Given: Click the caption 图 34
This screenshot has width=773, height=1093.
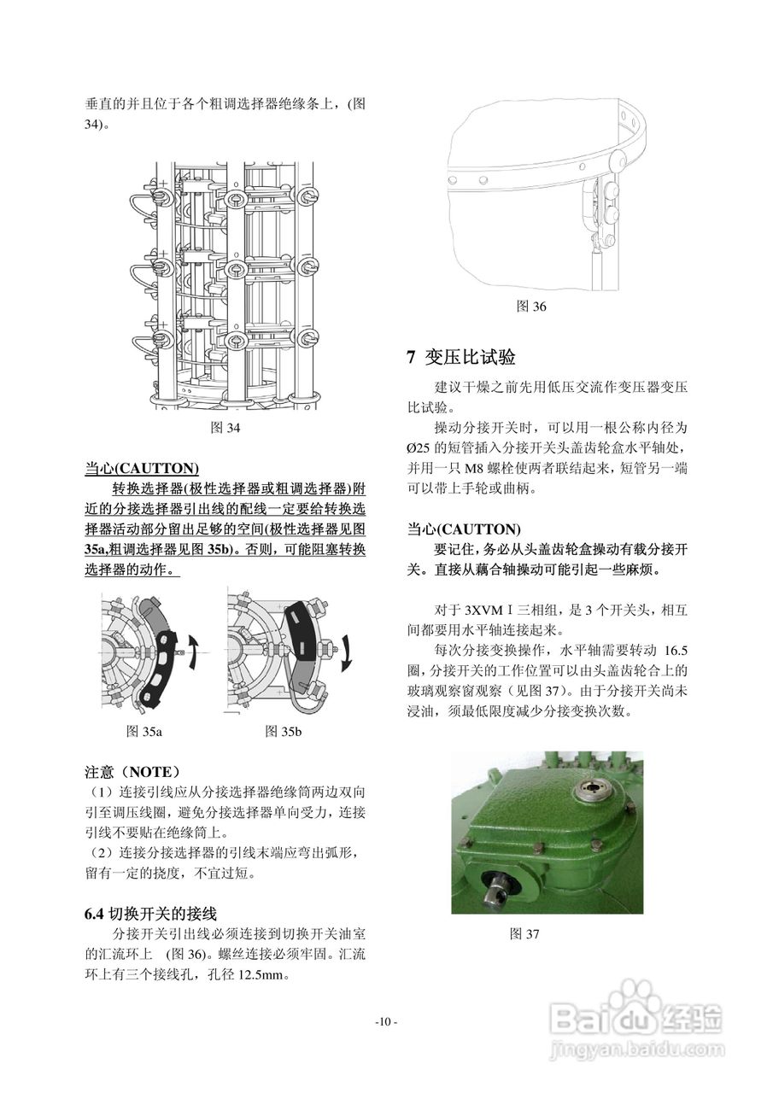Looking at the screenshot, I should pos(225,428).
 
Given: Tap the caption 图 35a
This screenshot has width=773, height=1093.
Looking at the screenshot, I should pos(144,731).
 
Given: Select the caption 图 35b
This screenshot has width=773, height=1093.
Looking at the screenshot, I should pos(284,731).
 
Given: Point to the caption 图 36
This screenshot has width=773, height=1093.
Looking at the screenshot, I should pos(531,307).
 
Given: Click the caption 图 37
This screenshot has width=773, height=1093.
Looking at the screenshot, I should pos(524,934).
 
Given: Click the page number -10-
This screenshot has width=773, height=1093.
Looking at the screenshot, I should pos(386,1022).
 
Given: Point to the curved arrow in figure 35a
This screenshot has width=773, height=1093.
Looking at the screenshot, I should pos(196,653).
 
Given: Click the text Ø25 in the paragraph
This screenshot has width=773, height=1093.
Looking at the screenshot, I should pos(422,447).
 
